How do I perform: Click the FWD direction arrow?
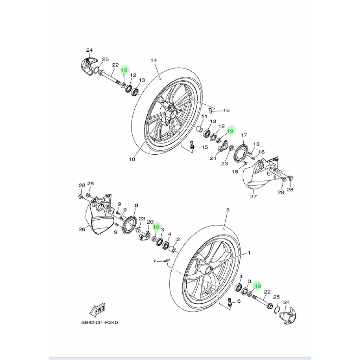97,309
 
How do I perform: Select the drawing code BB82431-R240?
99,322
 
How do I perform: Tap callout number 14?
154,60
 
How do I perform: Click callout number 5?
228,210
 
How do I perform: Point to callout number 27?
253,197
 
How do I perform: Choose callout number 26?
82,229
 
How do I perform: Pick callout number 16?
226,110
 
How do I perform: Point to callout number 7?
154,261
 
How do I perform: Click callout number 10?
132,159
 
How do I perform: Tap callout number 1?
249,253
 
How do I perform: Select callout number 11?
204,117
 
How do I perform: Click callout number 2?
178,239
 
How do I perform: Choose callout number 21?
213,158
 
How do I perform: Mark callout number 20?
150,222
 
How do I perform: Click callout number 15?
205,147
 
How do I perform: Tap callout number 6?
239,301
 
